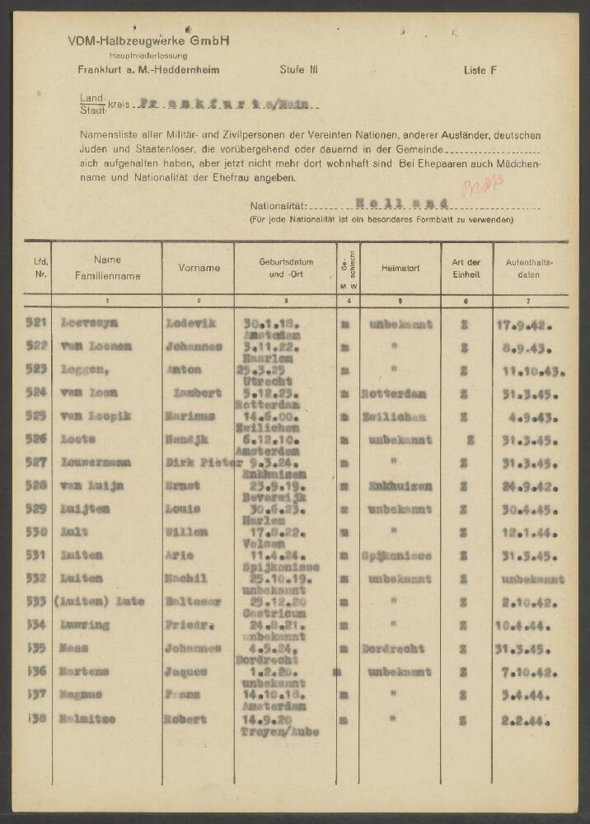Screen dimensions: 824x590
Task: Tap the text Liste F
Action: [x=480, y=70]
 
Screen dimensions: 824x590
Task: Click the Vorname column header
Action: [x=199, y=268]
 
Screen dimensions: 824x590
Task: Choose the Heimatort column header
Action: [x=400, y=268]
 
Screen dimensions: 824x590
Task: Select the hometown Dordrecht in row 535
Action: [x=397, y=648]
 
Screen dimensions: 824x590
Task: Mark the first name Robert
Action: [x=186, y=719]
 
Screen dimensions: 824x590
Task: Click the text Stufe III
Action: [x=299, y=70]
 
